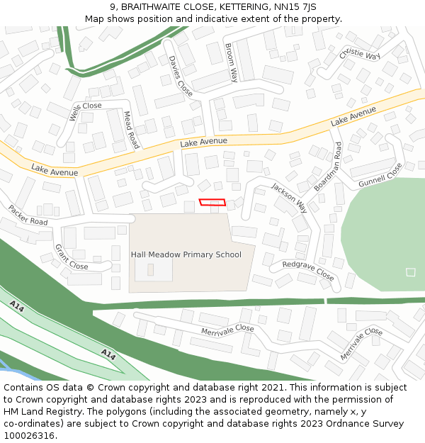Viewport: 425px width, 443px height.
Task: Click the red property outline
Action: point(212,203)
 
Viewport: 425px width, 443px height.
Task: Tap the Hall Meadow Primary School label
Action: point(186,254)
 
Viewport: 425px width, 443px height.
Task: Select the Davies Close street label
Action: point(180,76)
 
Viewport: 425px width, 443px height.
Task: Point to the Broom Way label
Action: point(231,62)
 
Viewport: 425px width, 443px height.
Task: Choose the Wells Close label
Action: point(85,111)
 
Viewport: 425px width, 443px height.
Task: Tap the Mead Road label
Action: point(132,129)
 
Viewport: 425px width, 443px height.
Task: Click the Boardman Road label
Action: point(328,167)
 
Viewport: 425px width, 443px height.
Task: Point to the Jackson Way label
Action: point(289,198)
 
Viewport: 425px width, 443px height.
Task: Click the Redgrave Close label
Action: point(307,270)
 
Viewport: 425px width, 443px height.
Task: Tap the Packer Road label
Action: point(28,215)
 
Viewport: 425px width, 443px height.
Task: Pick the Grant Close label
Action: point(72,257)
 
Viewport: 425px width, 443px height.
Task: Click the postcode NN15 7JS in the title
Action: point(293,7)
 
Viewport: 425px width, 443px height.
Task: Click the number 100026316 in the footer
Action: point(30,435)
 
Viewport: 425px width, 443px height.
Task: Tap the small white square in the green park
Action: point(410,272)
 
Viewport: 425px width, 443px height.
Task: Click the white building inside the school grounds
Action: point(154,268)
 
